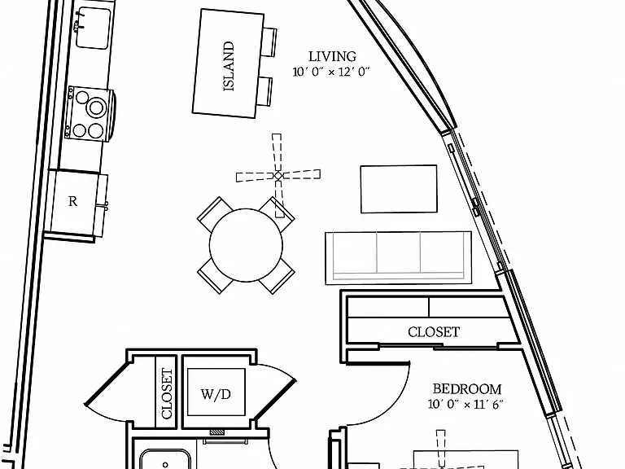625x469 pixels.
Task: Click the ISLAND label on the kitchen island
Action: [229, 66]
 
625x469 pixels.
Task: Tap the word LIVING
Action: [332, 57]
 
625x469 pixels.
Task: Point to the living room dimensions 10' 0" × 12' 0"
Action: [331, 72]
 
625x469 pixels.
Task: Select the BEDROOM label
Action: [467, 389]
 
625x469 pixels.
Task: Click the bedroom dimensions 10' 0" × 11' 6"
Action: [465, 405]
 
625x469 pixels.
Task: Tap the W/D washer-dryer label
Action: [216, 394]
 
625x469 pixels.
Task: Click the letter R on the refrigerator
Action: [72, 201]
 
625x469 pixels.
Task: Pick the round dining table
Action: [246, 245]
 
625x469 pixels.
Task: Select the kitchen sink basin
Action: [94, 28]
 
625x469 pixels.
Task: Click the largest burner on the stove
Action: [97, 107]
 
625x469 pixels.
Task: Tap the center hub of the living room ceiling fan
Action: [278, 176]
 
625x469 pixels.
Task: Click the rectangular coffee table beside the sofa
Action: [399, 189]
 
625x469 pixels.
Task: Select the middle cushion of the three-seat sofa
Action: [398, 253]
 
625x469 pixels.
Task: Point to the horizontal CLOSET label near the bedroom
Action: [434, 332]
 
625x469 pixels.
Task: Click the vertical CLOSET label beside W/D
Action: [167, 393]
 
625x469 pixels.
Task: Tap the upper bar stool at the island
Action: [269, 42]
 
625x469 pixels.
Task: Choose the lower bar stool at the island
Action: [264, 91]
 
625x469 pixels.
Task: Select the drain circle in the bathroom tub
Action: [165, 465]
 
